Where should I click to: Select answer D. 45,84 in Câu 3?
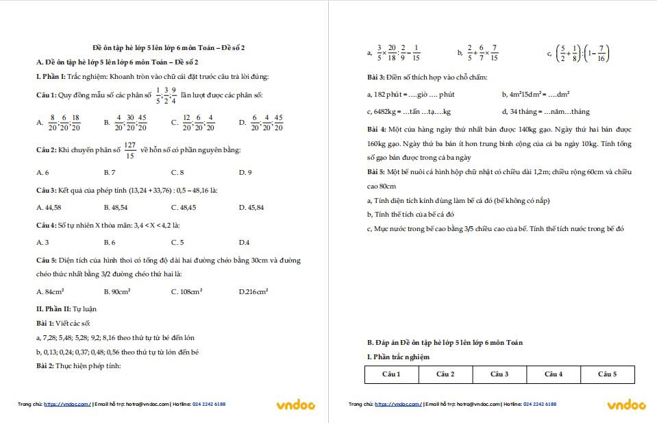click(251, 207)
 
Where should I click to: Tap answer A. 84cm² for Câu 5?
click(50, 292)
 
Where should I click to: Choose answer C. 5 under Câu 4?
click(177, 242)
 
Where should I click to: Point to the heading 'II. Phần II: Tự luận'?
click(66, 309)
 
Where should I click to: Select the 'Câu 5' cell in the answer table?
click(607, 374)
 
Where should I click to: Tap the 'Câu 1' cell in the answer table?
click(391, 374)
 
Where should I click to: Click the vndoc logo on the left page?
click(296, 405)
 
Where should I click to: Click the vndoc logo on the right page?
click(627, 405)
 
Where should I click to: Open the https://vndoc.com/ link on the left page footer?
click(67, 404)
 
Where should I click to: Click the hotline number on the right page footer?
click(540, 404)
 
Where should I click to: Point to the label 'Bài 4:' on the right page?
click(376, 129)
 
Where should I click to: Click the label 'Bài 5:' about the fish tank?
click(376, 171)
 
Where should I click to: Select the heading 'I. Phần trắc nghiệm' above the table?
click(398, 357)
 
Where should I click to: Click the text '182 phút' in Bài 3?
click(386, 94)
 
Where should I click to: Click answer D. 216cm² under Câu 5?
click(253, 292)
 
